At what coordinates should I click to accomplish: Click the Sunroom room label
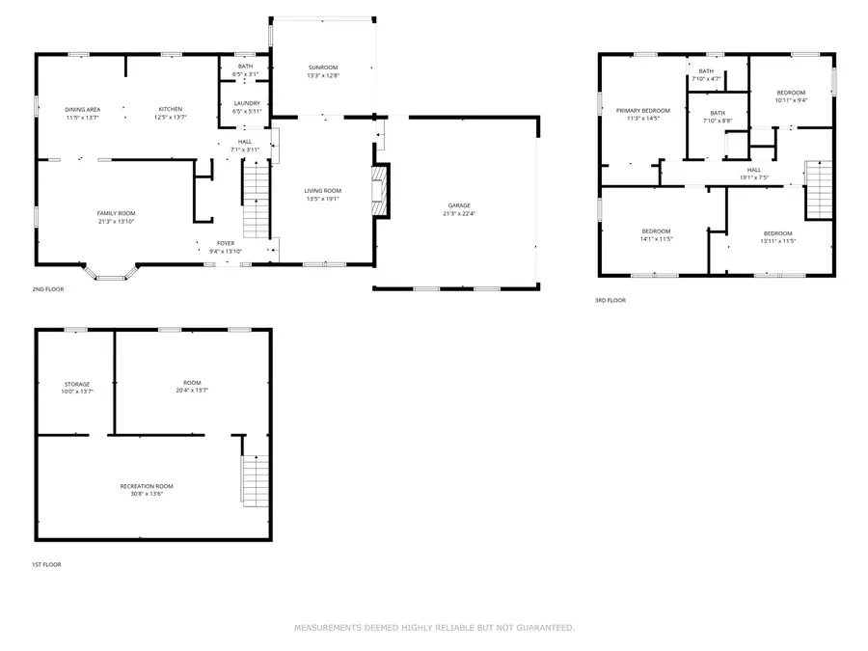(x=322, y=67)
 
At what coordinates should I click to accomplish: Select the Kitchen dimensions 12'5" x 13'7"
(x=171, y=118)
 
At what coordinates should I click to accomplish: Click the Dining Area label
(x=83, y=109)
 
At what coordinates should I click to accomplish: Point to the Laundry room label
(x=247, y=103)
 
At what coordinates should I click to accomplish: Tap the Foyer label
(x=224, y=243)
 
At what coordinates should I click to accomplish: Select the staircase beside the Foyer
(x=255, y=200)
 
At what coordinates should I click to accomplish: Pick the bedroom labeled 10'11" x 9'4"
(x=791, y=95)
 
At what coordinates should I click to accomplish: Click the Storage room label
(x=77, y=384)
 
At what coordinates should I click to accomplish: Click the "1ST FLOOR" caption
(x=46, y=564)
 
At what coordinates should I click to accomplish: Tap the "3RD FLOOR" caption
(x=610, y=300)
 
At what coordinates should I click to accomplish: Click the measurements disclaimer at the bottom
(x=434, y=628)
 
